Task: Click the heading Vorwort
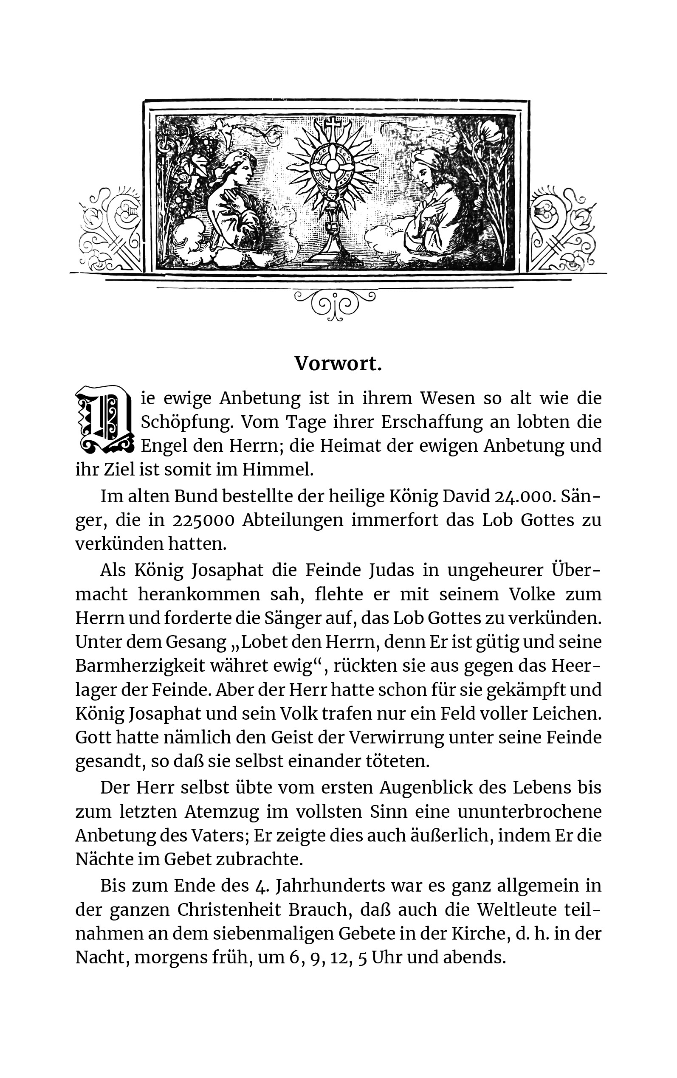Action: click(x=338, y=364)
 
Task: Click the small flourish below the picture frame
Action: click(x=335, y=305)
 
